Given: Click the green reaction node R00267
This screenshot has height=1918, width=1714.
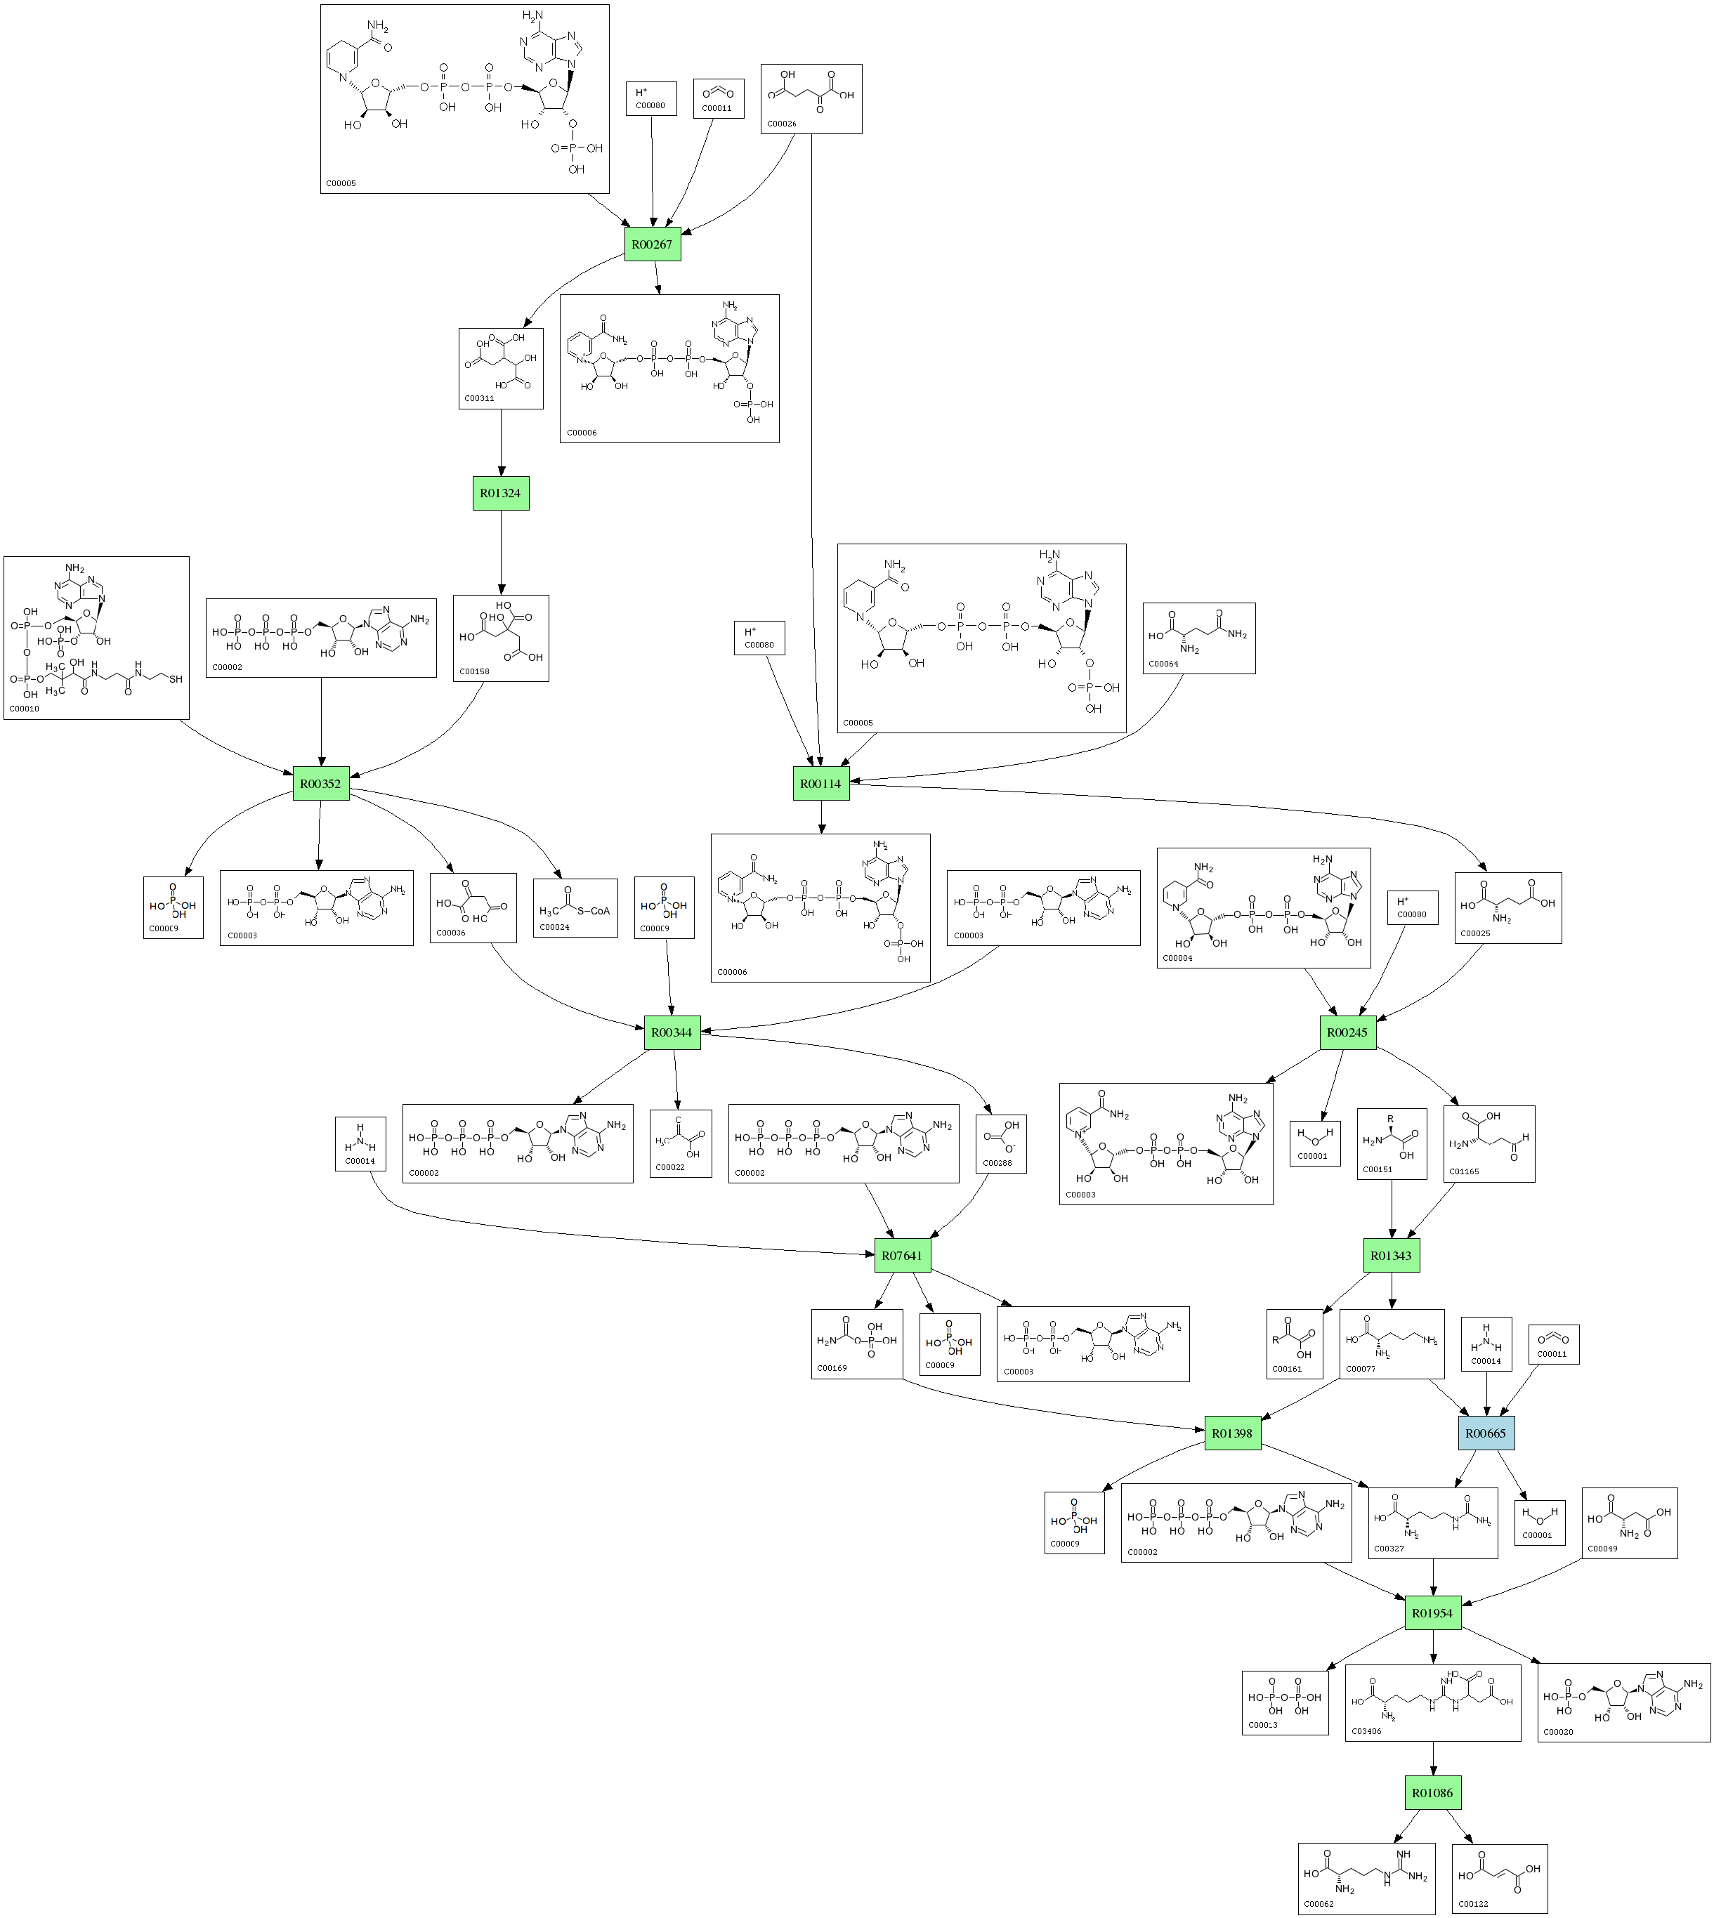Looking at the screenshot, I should pos(652,245).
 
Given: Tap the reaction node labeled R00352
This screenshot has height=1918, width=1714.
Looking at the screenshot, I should pos(320,783).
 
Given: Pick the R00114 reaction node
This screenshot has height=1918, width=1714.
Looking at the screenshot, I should pos(820,783).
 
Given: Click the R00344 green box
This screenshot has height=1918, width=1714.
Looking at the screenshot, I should pos(672,1032).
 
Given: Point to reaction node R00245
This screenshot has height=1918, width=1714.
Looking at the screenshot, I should pos(1347,1032).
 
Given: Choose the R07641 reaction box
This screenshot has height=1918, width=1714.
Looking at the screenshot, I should pos(902,1255).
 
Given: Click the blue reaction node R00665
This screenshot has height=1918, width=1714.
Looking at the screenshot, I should pos(1485,1433).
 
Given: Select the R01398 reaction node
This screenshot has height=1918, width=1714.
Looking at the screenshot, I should pos(1232,1433).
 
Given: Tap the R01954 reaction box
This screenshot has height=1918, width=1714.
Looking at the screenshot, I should pos(1432,1613).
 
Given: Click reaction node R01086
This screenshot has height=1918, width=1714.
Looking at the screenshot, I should pos(1432,1793).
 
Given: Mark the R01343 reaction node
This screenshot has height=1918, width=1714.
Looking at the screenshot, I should pos(1391,1255).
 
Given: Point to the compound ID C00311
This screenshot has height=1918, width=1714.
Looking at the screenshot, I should pos(479,398).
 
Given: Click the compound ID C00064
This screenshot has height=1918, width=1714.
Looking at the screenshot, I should pos(1163,663).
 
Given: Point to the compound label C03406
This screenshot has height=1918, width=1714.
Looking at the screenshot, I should pos(1366,1730).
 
